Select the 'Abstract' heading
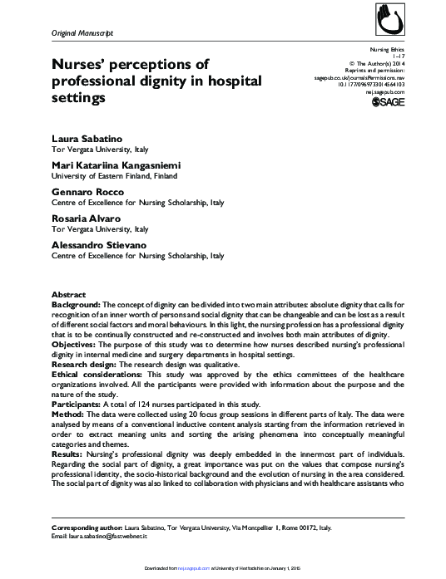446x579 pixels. tap(68, 295)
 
